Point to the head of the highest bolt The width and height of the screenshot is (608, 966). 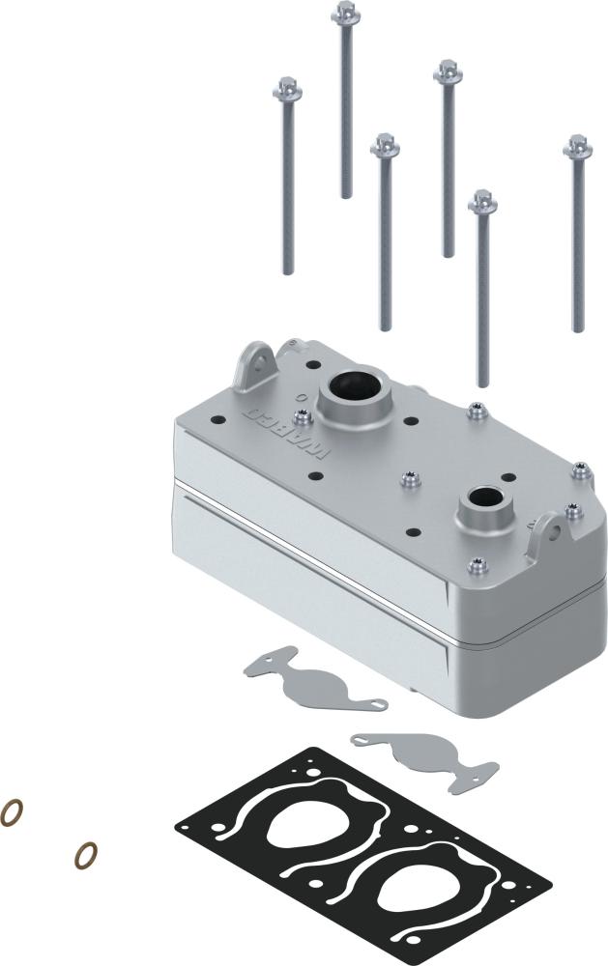345,13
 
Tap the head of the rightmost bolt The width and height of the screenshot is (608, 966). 578,147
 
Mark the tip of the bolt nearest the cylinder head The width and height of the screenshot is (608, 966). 483,383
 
